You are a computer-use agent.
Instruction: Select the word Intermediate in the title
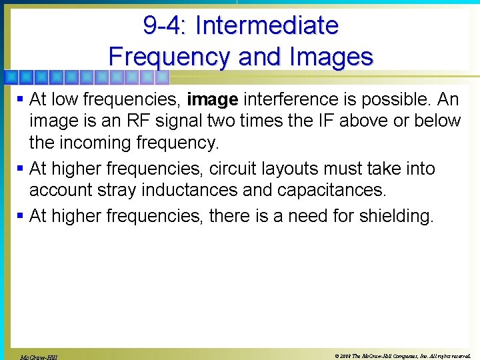point(267,25)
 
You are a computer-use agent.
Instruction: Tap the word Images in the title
point(329,57)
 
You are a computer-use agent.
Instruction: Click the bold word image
point(213,100)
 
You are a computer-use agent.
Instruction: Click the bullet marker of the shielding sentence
point(19,217)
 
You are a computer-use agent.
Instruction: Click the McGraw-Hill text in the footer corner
point(38,357)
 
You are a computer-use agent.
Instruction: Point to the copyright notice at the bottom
point(403,355)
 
